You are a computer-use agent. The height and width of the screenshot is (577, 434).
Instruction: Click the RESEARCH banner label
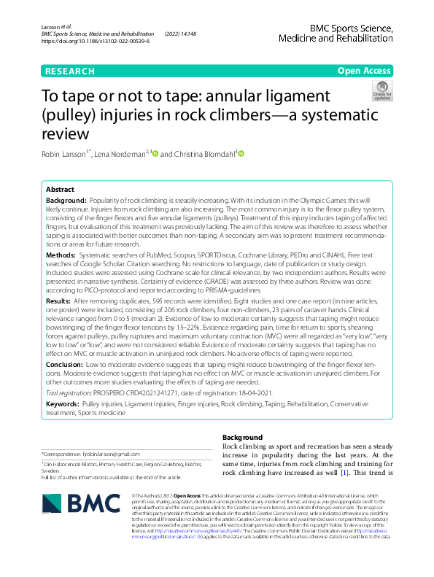[69, 71]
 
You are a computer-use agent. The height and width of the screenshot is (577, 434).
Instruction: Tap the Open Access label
[365, 71]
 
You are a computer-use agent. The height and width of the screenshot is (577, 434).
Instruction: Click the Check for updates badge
[382, 90]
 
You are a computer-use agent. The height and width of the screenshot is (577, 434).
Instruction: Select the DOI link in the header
[96, 42]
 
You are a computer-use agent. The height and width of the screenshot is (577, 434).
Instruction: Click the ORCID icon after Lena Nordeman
[155, 154]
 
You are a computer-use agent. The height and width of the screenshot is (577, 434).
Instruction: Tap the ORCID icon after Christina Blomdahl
[241, 154]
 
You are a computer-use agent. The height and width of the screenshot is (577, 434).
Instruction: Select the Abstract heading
[60, 188]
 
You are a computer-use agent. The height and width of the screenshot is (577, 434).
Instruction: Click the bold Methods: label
[63, 256]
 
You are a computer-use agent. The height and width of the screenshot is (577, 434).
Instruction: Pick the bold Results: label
[58, 301]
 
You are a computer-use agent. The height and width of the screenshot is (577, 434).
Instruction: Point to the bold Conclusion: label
[65, 363]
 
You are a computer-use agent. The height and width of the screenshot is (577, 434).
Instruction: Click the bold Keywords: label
[63, 403]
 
